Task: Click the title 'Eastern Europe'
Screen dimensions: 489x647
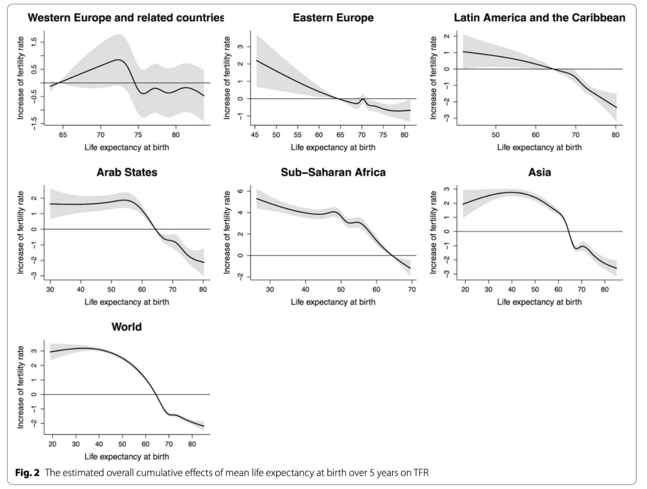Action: click(333, 18)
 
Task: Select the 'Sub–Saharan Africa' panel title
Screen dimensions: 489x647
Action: click(333, 172)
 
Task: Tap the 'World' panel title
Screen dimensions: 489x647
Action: click(126, 327)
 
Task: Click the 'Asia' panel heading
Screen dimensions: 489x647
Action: click(539, 172)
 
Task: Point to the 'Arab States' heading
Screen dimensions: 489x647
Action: click(127, 172)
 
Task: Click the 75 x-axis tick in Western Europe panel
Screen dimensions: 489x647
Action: click(138, 135)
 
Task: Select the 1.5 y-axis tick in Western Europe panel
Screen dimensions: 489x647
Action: click(34, 42)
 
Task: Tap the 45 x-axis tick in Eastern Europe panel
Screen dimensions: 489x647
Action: click(255, 135)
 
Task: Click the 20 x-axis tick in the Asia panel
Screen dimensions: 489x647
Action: click(465, 290)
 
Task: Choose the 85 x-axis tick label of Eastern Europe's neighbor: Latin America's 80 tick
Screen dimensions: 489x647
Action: click(615, 135)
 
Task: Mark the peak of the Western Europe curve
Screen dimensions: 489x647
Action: click(118, 60)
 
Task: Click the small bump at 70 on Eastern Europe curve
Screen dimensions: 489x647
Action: click(363, 99)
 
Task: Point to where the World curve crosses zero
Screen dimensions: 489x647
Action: click(156, 394)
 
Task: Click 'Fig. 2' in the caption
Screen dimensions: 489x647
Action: click(27, 472)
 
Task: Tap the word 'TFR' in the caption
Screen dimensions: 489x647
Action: click(421, 472)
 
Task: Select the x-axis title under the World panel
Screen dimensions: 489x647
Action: click(126, 457)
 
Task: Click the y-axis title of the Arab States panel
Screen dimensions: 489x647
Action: click(21, 233)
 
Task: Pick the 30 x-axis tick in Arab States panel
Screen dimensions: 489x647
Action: click(50, 290)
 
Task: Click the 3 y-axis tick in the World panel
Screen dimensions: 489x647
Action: click(34, 351)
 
